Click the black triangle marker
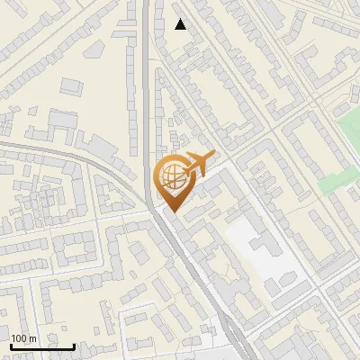(x=181, y=24)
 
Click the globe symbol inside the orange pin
(x=171, y=176)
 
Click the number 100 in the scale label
(x=19, y=338)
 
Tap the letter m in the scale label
(x=32, y=338)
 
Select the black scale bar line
(x=42, y=346)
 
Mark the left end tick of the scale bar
(x=11, y=345)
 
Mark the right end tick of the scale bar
(x=74, y=345)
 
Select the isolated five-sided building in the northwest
(x=71, y=87)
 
